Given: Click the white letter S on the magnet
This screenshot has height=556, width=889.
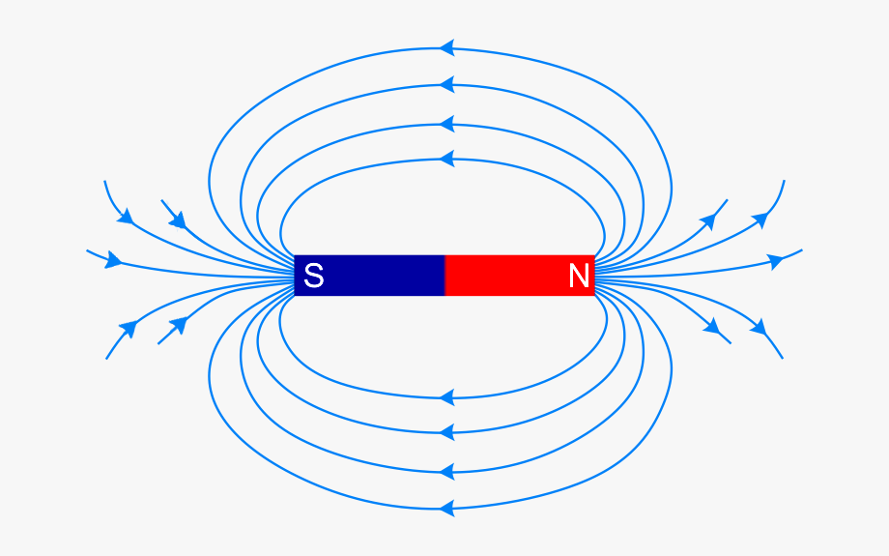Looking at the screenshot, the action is coord(313,276).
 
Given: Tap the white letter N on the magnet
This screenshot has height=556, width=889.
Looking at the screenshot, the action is coord(578,276).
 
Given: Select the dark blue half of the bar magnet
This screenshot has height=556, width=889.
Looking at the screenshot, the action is coord(369,276).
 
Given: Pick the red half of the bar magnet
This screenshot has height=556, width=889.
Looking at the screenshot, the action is coord(520,276).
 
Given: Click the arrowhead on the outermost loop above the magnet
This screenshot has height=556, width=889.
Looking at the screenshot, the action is coord(447,47).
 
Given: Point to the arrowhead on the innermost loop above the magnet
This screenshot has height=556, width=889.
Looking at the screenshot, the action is coord(447,159).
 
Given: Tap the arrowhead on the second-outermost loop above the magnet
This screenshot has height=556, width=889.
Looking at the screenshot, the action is coord(447,84).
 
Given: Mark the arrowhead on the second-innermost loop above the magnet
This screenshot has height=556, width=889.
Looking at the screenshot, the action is coord(447,124).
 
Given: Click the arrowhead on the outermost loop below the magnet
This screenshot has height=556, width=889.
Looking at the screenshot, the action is coord(447,508).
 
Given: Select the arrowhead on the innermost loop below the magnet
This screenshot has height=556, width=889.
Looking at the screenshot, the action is coord(447,397).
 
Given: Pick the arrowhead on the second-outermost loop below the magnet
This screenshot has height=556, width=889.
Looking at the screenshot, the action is coord(447,472).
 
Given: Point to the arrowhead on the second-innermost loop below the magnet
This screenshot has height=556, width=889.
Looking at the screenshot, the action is coord(447,432).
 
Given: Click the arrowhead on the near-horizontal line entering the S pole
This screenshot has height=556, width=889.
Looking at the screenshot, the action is coord(113,260).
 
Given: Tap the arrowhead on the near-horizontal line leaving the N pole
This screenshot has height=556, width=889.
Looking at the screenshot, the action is coord(775,261).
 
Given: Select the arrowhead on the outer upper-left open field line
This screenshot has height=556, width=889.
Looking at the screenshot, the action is coord(126,217).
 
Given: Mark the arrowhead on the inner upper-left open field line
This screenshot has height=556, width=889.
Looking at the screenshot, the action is coord(178,220).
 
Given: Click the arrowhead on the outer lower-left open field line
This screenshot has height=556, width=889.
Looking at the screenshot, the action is coord(129,329).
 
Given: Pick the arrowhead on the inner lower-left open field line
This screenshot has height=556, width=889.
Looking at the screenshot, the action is coord(179,325).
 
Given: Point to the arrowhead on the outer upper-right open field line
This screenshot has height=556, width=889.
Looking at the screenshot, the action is coord(760,219).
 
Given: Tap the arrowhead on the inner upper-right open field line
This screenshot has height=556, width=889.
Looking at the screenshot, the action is coord(708,221).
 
